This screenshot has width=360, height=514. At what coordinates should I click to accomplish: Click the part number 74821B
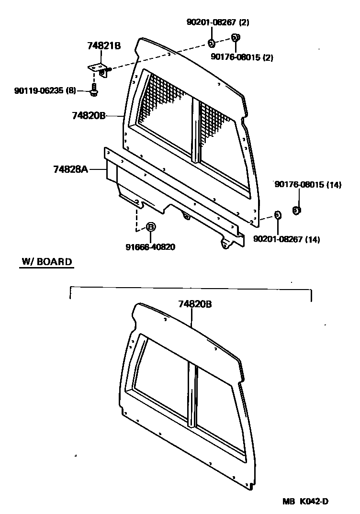[104, 46]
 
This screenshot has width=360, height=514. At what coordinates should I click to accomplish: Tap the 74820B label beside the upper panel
[89, 116]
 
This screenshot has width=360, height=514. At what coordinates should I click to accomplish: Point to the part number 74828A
[70, 169]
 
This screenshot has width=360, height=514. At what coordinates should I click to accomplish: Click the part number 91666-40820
[150, 247]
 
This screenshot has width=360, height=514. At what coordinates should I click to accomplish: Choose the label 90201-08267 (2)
[218, 22]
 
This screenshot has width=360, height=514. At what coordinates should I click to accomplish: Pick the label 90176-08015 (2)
[242, 57]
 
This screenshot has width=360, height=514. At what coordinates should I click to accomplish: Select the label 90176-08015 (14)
[308, 185]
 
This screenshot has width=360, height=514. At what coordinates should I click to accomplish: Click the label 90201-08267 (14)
[287, 239]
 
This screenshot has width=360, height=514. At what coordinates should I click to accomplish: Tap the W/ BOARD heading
[47, 262]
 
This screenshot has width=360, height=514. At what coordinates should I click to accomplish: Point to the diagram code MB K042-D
[305, 502]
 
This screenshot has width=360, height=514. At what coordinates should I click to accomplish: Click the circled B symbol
[150, 227]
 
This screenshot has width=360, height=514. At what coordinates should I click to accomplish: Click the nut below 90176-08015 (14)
[296, 210]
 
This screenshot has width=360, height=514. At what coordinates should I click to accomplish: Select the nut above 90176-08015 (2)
[236, 37]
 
